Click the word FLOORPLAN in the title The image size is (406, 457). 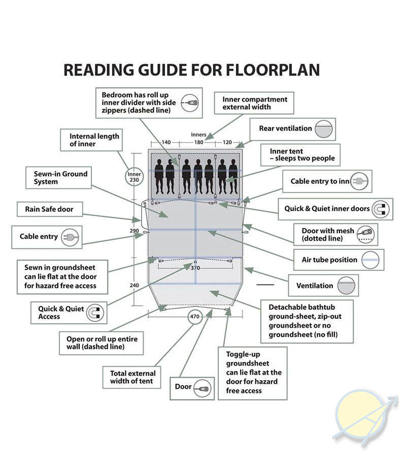pos(273,70)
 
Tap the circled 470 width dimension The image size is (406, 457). pos(195,316)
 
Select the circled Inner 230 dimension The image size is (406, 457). pos(134,177)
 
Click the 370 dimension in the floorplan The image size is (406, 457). pos(195,268)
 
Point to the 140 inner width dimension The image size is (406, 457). pos(166,142)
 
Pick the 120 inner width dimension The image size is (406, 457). pos(227,142)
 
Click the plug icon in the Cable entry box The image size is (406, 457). pos(70,237)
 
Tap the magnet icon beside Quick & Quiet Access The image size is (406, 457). pos(95,312)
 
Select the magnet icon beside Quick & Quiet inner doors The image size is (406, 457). pos(380,209)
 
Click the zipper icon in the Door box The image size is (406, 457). pos(202,388)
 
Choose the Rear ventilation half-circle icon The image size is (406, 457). pos(324,129)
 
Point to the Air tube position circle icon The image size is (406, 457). pos(370,259)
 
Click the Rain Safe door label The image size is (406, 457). pos(49,209)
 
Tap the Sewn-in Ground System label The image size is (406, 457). pos(60,178)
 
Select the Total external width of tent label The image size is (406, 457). pos(133,377)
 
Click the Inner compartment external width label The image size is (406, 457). pos(255,103)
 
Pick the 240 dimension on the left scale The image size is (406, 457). pos(134,285)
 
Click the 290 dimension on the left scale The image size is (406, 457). pos(134,231)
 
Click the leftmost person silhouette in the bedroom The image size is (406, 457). pos(159,176)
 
